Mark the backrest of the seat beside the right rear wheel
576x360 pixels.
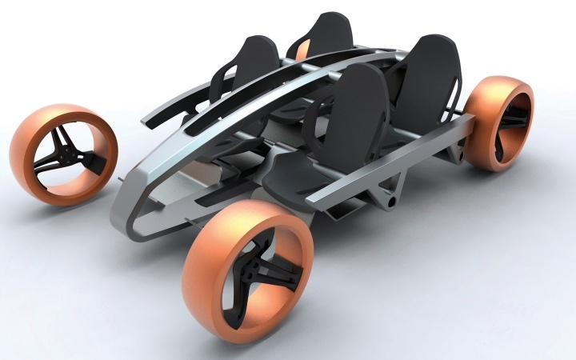click(432, 76)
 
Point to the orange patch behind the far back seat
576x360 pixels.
click(302, 52)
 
